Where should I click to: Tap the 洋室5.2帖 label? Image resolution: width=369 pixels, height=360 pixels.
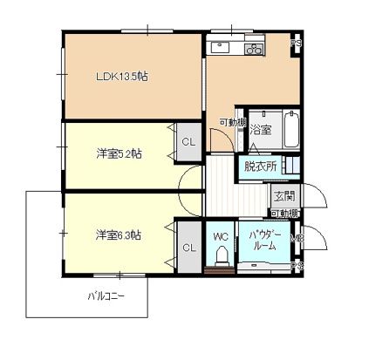pyautogui.click(x=120, y=154)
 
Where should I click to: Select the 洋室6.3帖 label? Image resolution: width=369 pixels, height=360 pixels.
pyautogui.click(x=120, y=234)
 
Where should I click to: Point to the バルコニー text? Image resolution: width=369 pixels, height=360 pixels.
pyautogui.click(x=105, y=295)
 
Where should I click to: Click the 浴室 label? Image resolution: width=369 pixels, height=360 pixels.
pyautogui.click(x=260, y=130)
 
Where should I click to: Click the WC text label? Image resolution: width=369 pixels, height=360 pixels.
pyautogui.click(x=220, y=235)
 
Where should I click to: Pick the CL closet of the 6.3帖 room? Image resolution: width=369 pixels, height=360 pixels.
pyautogui.click(x=188, y=248)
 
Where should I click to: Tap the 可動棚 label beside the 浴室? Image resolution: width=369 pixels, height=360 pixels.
pyautogui.click(x=232, y=122)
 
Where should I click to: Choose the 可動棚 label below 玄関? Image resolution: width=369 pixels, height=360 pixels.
pyautogui.click(x=284, y=213)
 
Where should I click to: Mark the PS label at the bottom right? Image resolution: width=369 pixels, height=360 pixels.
pyautogui.click(x=296, y=266)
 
